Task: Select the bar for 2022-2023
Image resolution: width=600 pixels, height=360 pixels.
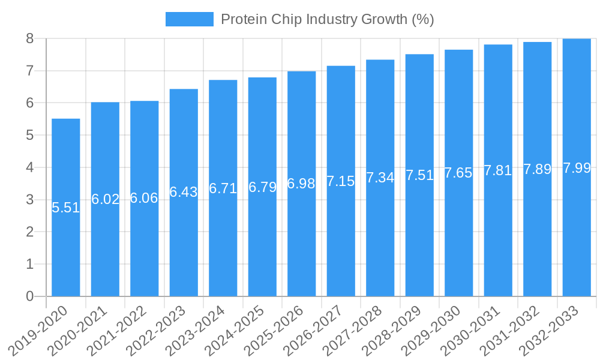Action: coord(184,240)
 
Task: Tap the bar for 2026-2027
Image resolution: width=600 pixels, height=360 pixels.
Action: coord(341,240)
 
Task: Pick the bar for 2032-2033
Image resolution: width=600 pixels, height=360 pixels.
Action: coord(577,240)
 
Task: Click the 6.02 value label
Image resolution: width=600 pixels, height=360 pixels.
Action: coord(105,199)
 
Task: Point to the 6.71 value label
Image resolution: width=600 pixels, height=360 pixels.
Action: coord(223,189)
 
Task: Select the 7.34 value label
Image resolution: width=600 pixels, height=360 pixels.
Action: coord(380,178)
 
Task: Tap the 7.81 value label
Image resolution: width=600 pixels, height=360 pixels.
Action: coord(498,170)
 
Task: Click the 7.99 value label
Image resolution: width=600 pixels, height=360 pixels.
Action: coord(577,168)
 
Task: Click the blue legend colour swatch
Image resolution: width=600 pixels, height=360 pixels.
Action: coord(189,19)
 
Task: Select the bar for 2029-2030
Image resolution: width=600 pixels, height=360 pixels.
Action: coord(459,240)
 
